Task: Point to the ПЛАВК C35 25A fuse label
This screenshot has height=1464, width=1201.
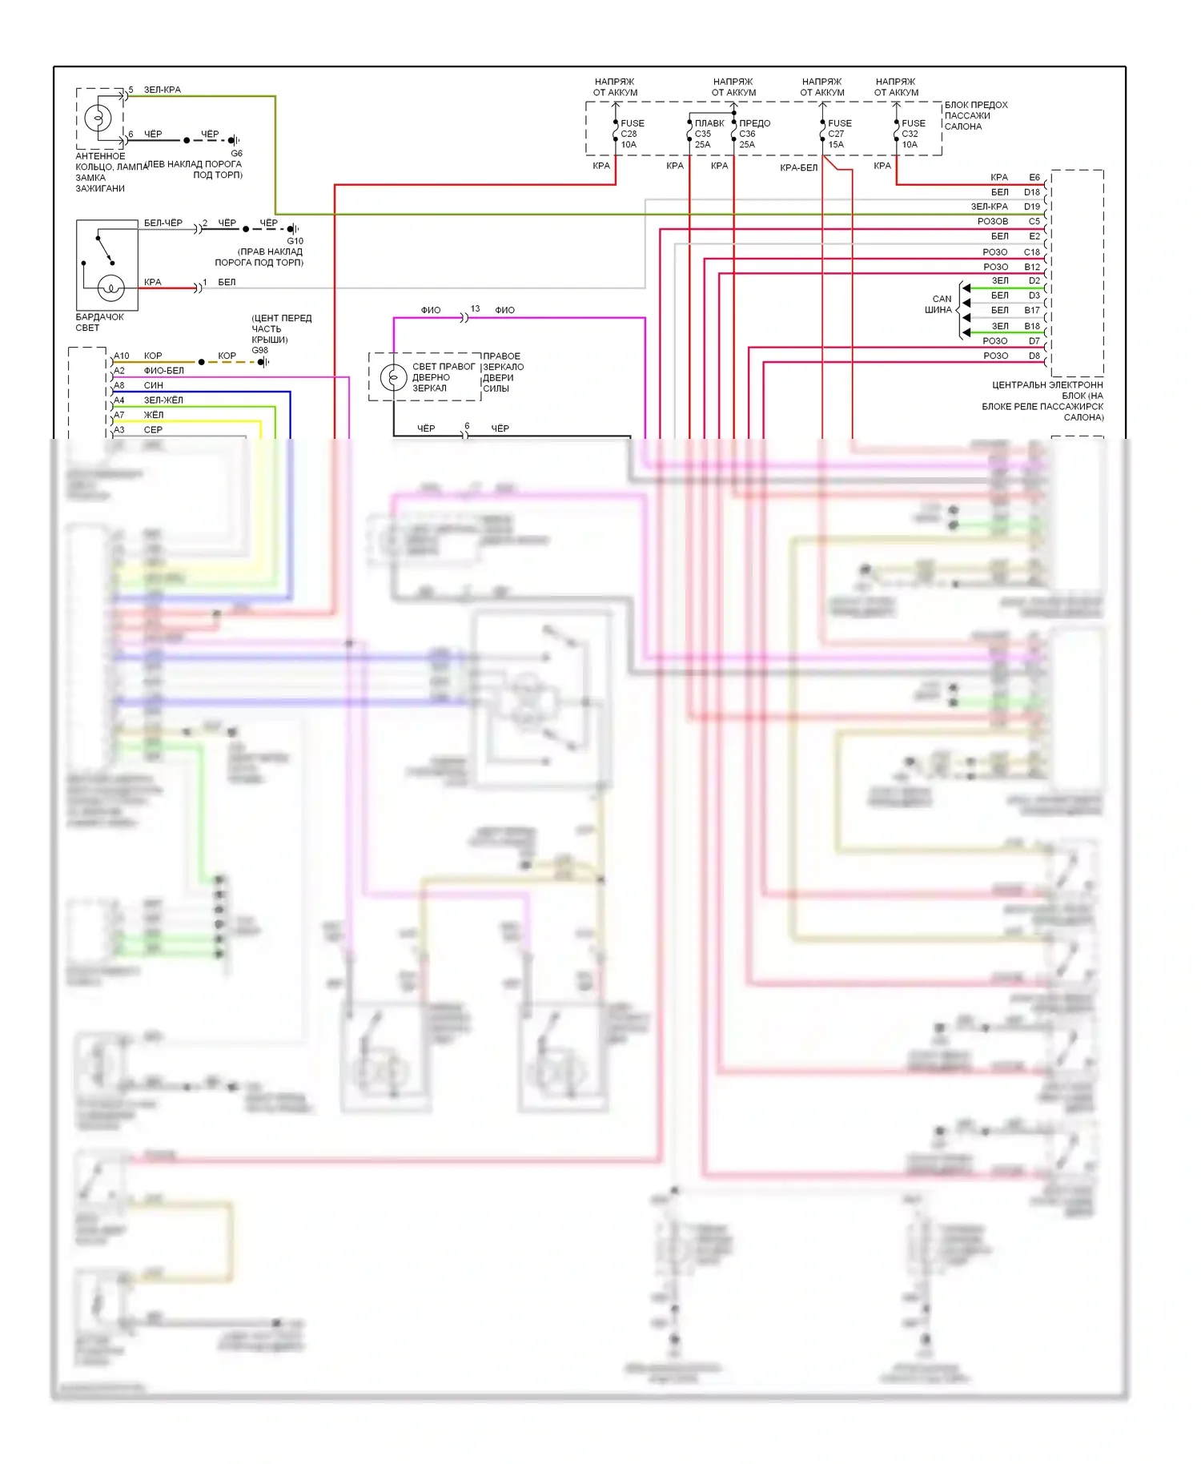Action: pos(709,134)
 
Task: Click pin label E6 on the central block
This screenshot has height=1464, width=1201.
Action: pos(1034,177)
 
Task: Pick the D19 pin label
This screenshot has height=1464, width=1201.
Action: pos(1032,207)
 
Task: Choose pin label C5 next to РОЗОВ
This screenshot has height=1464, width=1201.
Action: pos(1034,221)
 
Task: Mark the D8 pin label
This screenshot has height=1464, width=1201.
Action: pos(1034,356)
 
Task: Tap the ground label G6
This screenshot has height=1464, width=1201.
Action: pos(237,153)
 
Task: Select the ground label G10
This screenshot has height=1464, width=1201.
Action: pos(295,240)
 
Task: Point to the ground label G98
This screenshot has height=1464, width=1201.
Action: pos(260,350)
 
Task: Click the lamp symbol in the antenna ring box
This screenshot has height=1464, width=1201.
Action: pos(98,119)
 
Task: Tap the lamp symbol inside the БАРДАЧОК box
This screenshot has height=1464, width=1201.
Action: pos(110,288)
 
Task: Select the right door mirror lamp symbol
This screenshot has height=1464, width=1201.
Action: pos(393,376)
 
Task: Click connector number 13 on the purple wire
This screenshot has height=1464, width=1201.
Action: pos(476,308)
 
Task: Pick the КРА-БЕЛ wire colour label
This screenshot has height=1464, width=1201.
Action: pos(798,167)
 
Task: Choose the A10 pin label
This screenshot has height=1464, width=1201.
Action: pos(122,356)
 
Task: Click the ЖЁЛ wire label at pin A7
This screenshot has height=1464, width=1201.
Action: pos(154,415)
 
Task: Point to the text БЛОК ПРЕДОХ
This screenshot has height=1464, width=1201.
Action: pos(976,105)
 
